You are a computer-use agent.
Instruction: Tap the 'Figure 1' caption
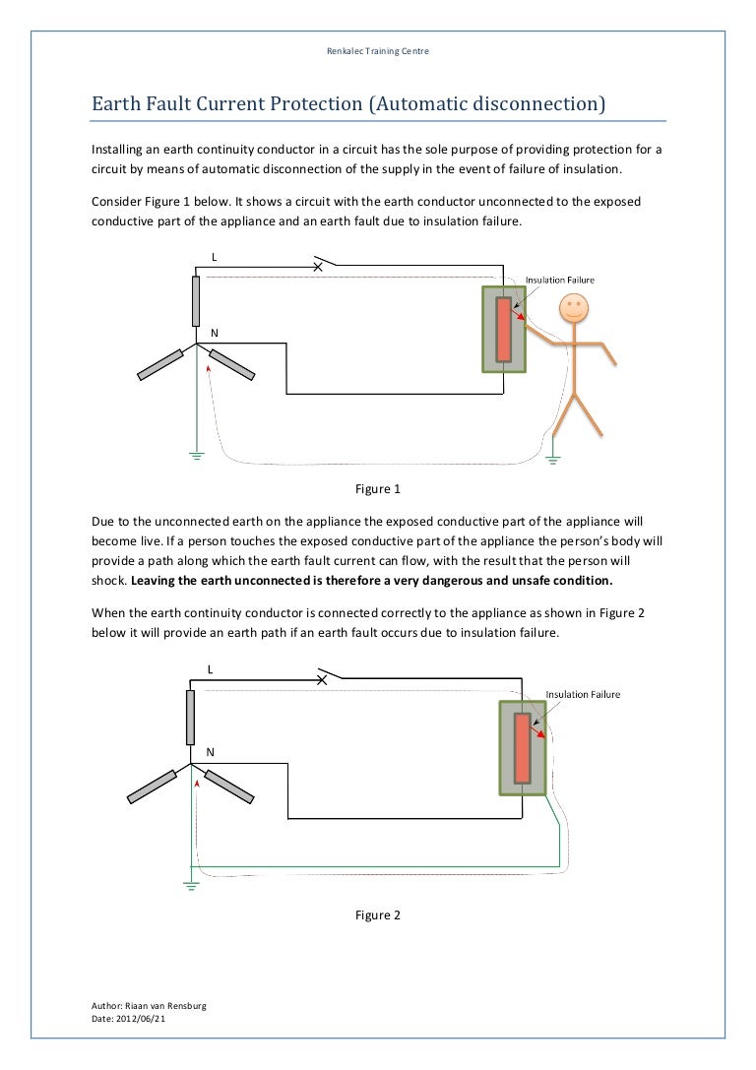click(377, 488)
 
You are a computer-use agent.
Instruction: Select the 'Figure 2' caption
click(377, 914)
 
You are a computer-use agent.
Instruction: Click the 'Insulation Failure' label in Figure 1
click(559, 280)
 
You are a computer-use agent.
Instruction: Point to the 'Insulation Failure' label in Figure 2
click(583, 694)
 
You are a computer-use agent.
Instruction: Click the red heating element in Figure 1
click(504, 329)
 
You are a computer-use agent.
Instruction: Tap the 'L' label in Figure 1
click(214, 257)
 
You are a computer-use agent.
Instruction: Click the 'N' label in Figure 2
click(210, 750)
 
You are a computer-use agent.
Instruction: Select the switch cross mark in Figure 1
click(318, 267)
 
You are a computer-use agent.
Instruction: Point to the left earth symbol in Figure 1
click(196, 456)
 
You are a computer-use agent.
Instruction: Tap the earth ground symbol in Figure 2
click(190, 883)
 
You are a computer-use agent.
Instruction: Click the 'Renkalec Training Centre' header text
click(377, 51)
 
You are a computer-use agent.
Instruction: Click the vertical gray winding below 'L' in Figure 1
click(197, 301)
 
